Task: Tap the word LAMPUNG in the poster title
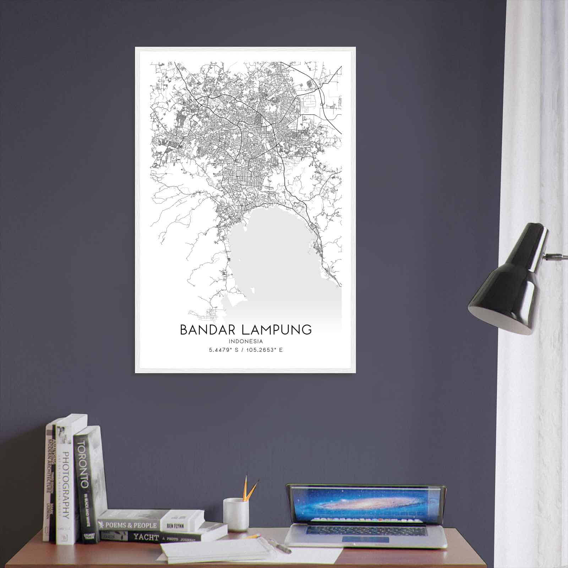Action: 276,329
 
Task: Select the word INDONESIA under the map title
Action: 246,342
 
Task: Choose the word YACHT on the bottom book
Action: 146,537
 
